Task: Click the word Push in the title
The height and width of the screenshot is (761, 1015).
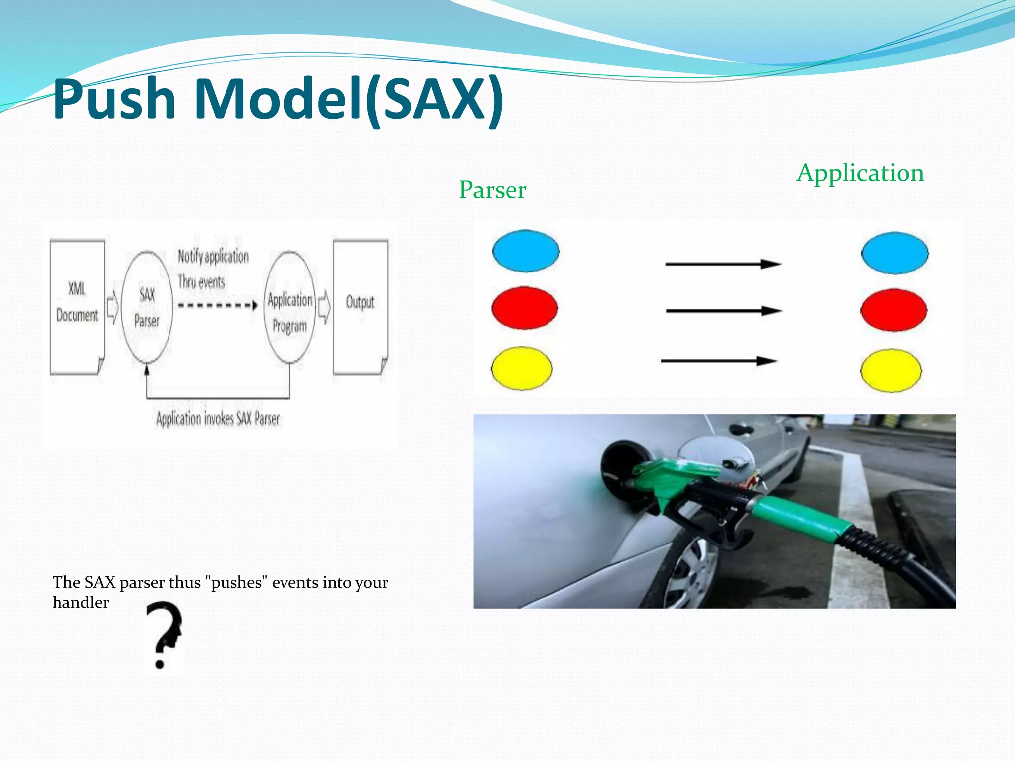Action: pos(114,99)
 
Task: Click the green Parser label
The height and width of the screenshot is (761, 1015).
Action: pos(492,190)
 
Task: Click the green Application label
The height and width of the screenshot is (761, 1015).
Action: pos(860,173)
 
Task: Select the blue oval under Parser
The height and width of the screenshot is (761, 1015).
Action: pos(525,251)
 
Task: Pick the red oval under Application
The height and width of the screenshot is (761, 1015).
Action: pos(894,310)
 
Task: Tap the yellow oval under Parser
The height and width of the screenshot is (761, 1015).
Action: pos(521,368)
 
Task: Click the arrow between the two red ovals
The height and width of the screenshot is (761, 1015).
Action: pos(724,311)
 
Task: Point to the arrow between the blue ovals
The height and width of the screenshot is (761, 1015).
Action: pos(724,264)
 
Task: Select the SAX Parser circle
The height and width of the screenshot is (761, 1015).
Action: pos(147,307)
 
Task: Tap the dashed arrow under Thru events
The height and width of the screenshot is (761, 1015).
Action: pos(217,305)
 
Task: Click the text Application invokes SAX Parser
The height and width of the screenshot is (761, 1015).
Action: pos(218,419)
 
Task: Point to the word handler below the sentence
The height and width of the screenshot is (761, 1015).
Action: pos(81,603)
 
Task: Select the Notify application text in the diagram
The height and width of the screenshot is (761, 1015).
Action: pos(213,256)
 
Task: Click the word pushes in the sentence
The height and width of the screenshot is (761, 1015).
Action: pos(236,582)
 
